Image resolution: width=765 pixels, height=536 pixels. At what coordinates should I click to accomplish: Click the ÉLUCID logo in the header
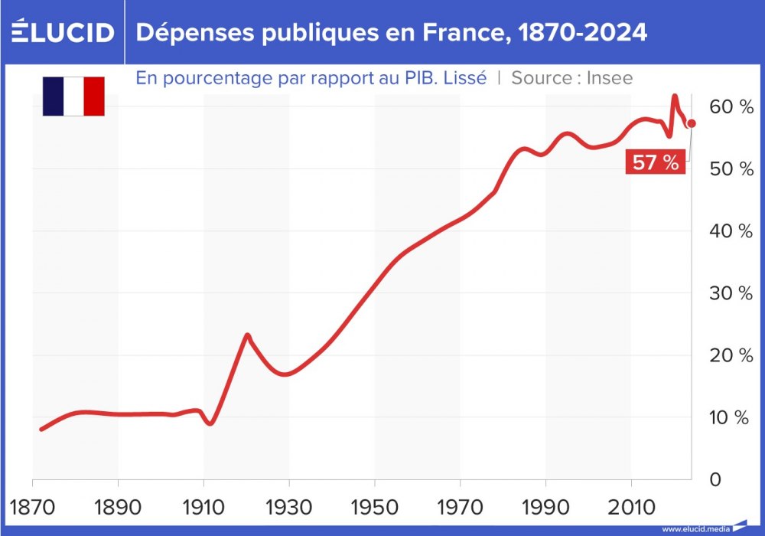pyautogui.click(x=63, y=32)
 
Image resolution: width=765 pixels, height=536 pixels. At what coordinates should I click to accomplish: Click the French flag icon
pyautogui.click(x=73, y=96)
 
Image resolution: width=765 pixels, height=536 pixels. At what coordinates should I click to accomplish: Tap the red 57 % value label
pyautogui.click(x=655, y=162)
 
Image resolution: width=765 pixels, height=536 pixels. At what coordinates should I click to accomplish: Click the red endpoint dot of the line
pyautogui.click(x=691, y=123)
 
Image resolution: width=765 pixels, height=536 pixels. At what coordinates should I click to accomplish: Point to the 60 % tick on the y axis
pyautogui.click(x=731, y=106)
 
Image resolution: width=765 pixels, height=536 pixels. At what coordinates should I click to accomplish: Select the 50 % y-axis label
pyautogui.click(x=731, y=168)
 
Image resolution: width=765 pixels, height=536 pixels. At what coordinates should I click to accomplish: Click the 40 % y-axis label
pyautogui.click(x=731, y=230)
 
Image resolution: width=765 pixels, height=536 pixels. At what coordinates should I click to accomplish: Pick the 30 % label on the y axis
pyautogui.click(x=731, y=293)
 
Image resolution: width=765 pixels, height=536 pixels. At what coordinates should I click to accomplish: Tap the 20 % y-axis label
pyautogui.click(x=731, y=355)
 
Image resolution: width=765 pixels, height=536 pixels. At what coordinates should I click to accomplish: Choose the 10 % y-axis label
pyautogui.click(x=731, y=417)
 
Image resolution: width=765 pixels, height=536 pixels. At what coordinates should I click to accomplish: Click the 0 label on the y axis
pyautogui.click(x=715, y=479)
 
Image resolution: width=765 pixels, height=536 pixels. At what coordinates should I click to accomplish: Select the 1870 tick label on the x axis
pyautogui.click(x=33, y=508)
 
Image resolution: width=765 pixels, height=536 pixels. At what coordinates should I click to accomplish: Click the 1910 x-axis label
pyautogui.click(x=203, y=508)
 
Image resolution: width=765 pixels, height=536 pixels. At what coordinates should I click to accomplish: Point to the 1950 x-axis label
pyautogui.click(x=375, y=508)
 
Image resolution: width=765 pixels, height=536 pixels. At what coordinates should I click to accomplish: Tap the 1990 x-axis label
pyautogui.click(x=545, y=508)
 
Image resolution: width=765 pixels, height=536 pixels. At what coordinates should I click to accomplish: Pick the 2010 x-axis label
pyautogui.click(x=631, y=508)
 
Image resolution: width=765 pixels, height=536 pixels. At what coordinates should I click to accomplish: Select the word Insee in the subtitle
pyautogui.click(x=610, y=77)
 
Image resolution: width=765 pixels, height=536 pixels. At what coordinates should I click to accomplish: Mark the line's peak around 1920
pyautogui.click(x=246, y=335)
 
